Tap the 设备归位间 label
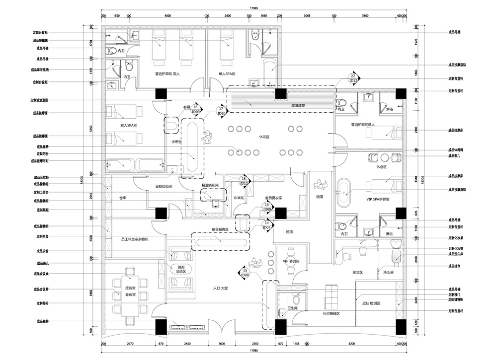(x=164, y=187)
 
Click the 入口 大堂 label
(x=220, y=288)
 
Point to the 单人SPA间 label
(x=227, y=73)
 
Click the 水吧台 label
(x=177, y=142)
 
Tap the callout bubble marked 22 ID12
(x=353, y=77)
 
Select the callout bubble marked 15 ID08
(x=245, y=272)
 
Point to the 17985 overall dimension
(x=254, y=8)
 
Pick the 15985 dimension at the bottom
(x=254, y=353)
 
